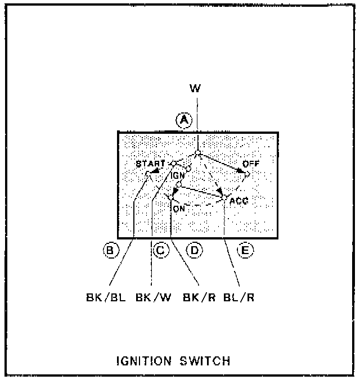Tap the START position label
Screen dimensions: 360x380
(x=150, y=164)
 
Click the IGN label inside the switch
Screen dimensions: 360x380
(x=178, y=174)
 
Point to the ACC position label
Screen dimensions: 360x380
(x=239, y=200)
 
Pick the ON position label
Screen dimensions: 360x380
(x=179, y=209)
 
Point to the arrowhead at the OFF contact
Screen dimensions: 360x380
(x=242, y=170)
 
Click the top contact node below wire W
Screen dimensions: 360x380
(x=198, y=153)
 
